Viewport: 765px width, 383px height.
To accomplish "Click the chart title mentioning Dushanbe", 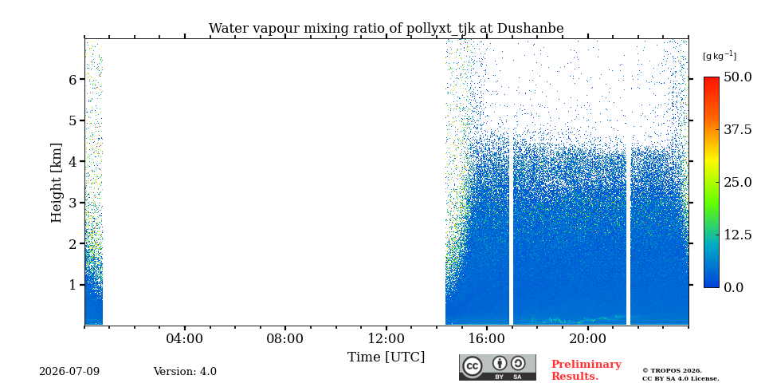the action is click(x=386, y=29).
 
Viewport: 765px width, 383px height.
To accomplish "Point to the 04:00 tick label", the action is click(x=184, y=339).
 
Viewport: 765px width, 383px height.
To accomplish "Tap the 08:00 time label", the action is click(x=285, y=339).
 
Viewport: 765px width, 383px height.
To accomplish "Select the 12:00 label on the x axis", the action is click(x=386, y=339).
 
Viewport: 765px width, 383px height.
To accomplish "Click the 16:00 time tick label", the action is click(x=487, y=339).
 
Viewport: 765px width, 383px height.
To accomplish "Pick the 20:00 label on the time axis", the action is click(x=587, y=339).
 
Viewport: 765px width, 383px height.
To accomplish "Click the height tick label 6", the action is click(x=73, y=79).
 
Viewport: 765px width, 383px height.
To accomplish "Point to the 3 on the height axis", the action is click(x=73, y=202).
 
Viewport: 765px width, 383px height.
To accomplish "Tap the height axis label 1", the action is click(x=73, y=284).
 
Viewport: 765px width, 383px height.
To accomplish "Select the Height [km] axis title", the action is click(x=57, y=183).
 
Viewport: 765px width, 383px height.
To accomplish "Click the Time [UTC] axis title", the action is click(x=386, y=357).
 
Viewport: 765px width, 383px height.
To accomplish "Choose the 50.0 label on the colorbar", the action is click(x=737, y=77).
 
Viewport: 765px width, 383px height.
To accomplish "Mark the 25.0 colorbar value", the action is click(x=737, y=182).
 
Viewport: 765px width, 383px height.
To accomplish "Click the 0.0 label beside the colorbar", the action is click(x=733, y=287).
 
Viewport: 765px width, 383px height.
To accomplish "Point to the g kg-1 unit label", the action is click(x=720, y=56).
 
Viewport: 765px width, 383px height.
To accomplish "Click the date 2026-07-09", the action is click(x=69, y=372).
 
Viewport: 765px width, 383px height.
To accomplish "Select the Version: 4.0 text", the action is click(x=185, y=372).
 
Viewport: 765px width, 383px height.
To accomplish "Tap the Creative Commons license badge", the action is click(x=497, y=367).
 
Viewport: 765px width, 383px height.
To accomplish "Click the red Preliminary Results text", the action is click(x=586, y=370).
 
